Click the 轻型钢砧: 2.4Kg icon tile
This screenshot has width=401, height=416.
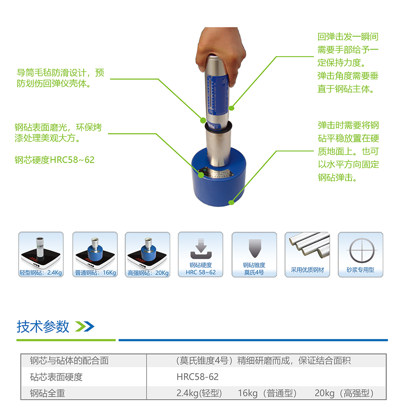41,255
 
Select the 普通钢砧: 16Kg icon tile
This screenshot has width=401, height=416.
95,255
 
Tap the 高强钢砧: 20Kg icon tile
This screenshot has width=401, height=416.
148,255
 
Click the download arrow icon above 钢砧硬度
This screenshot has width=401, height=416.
201,249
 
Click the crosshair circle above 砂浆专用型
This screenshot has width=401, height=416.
361,251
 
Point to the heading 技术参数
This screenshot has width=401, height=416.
43,326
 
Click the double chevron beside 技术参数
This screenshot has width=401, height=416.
85,327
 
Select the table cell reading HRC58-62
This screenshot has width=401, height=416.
198,377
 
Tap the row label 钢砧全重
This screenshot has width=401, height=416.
47,393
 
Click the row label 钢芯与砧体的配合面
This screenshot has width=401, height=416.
69,361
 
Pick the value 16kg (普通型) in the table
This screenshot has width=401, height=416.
267,393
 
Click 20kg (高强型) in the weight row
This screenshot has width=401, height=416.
344,393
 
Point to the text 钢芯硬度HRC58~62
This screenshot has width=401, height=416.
55,160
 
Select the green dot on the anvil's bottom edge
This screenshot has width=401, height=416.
231,203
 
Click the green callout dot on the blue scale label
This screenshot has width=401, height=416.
231,108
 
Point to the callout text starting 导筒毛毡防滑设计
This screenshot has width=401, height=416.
60,78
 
